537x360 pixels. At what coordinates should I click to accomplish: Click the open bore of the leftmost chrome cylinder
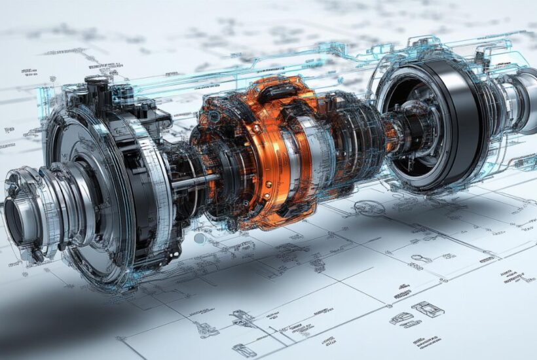click(14, 220)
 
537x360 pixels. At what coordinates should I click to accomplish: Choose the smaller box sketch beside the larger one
click(400, 319)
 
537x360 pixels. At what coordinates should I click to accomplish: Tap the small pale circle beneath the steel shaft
click(199, 236)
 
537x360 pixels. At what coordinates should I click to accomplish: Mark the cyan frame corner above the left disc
click(46, 92)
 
